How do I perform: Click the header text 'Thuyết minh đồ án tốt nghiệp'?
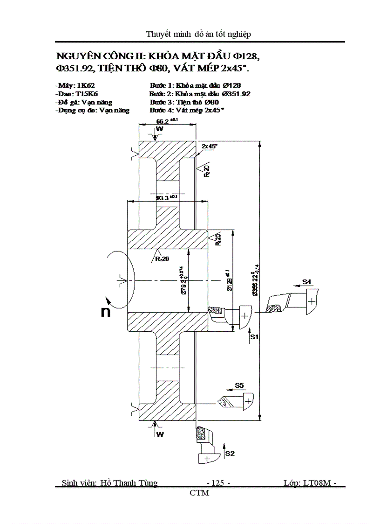(x=199, y=34)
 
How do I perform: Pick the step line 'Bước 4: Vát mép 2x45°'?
(x=187, y=111)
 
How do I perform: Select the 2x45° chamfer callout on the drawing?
(x=209, y=146)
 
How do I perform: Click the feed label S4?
(x=307, y=282)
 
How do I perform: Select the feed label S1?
(x=254, y=336)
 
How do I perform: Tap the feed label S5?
(x=239, y=385)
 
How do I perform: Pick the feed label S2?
(x=230, y=453)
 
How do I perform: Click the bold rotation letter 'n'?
(x=106, y=312)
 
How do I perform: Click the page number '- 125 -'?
(x=218, y=483)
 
